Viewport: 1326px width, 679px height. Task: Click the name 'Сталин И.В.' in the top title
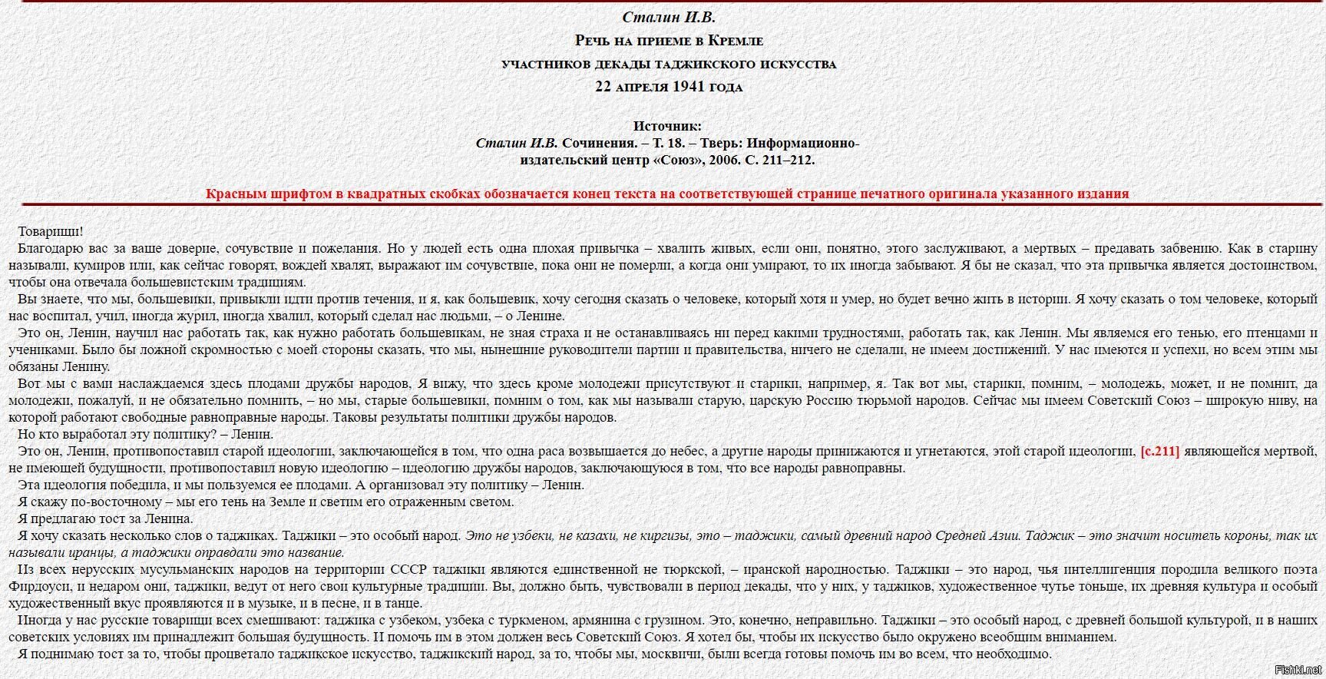click(x=668, y=17)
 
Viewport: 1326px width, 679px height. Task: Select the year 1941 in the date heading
click(x=689, y=87)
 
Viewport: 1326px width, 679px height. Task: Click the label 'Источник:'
click(x=667, y=126)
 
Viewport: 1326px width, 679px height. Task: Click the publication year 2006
click(x=725, y=161)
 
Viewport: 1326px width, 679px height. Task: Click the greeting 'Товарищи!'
click(x=51, y=231)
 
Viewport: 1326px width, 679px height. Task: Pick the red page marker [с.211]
click(x=1159, y=452)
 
